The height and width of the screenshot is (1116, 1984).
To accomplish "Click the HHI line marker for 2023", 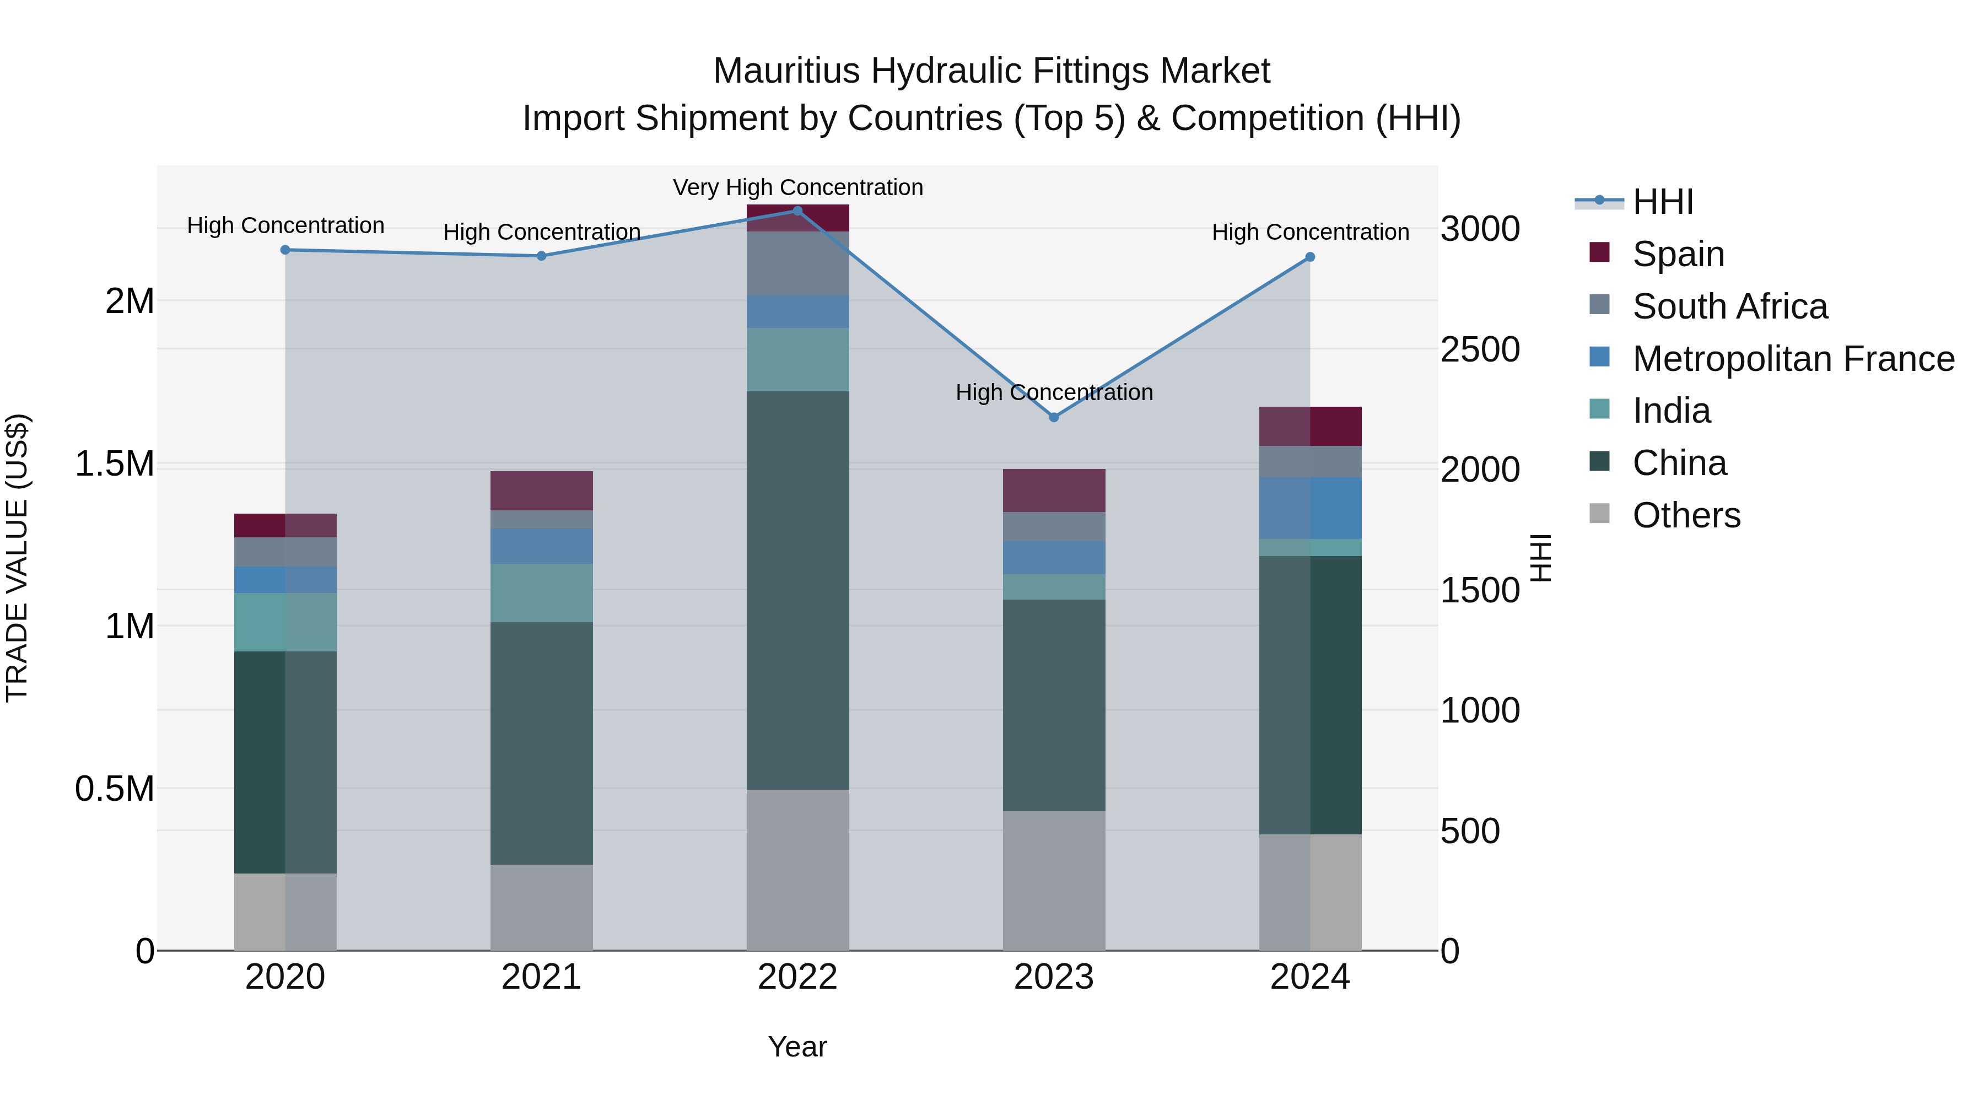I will (1054, 417).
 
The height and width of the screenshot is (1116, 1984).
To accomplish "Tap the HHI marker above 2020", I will (285, 250).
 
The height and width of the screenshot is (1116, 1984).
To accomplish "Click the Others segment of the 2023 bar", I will (1054, 880).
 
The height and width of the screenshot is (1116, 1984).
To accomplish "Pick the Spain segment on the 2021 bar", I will (541, 490).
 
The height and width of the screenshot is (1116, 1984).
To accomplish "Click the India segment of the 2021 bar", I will (541, 592).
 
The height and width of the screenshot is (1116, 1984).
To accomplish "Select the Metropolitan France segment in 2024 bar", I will (1309, 508).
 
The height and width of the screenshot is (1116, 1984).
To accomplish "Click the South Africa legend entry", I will (1729, 306).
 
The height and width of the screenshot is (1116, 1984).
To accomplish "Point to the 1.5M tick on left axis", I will (114, 463).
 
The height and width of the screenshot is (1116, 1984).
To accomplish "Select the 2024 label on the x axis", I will (1309, 977).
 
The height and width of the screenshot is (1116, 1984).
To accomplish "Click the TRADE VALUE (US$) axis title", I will (17, 558).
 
